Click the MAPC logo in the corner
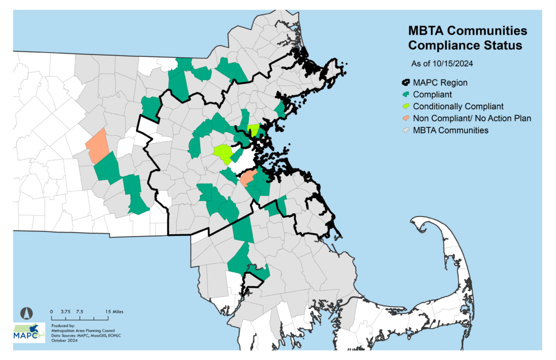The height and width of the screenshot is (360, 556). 29,332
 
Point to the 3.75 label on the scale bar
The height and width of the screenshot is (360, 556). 66,312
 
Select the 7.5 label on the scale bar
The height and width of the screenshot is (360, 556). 80,312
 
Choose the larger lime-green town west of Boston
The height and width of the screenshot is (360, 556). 224,154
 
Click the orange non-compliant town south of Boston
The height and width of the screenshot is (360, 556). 248,178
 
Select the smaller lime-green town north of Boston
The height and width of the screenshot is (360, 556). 254,130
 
